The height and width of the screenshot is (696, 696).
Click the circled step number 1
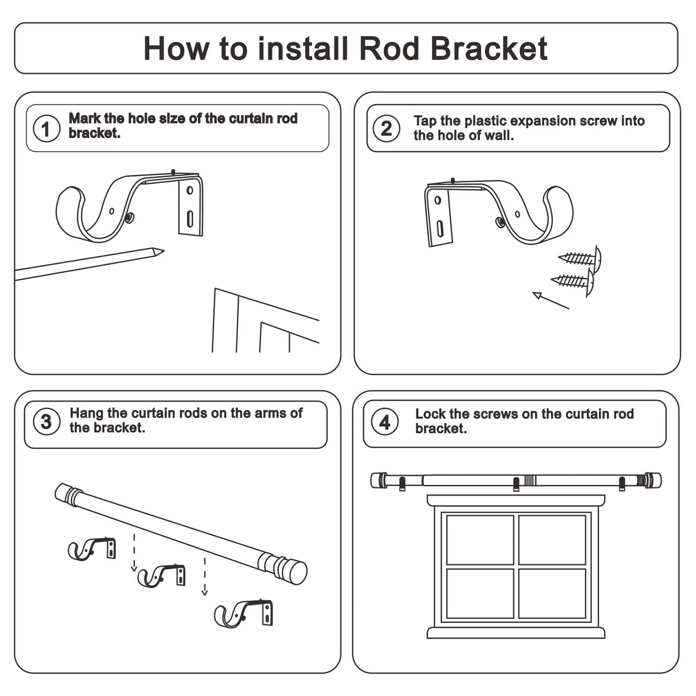point(46,129)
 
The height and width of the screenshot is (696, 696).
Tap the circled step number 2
point(386,129)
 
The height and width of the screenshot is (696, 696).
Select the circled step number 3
point(46,421)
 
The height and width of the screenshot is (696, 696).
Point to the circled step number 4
point(385,422)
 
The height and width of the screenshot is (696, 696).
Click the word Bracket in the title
point(488,49)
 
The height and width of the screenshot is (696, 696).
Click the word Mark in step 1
point(84,118)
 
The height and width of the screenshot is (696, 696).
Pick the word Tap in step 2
point(425,121)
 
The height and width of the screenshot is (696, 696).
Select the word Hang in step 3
point(87,413)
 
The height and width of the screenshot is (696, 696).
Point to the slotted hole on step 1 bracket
point(190,219)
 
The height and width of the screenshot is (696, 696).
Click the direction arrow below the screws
point(549,300)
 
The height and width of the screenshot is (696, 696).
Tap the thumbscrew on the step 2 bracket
point(500,222)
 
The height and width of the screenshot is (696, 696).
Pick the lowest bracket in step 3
point(244,613)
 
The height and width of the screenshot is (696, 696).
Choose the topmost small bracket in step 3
point(92,549)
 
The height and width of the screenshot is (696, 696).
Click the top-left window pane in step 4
point(480,539)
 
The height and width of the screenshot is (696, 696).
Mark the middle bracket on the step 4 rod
point(516,484)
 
